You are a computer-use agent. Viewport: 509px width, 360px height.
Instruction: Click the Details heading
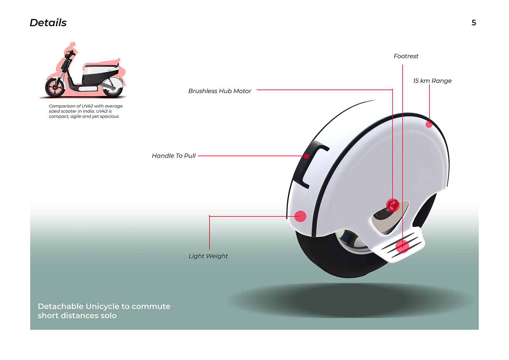(x=48, y=23)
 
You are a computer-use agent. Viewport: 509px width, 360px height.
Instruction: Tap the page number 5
(x=474, y=23)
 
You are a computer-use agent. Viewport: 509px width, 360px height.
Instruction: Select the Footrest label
(x=406, y=56)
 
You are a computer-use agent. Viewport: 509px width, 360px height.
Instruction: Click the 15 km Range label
(x=432, y=81)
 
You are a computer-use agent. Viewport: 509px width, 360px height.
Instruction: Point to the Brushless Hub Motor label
(x=220, y=91)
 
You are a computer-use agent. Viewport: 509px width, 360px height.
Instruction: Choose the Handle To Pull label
(x=174, y=156)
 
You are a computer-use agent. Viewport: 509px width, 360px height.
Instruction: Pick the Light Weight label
(x=208, y=256)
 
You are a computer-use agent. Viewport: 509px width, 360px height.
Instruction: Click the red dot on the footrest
(x=402, y=246)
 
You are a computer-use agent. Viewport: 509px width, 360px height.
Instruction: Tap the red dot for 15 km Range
(x=429, y=124)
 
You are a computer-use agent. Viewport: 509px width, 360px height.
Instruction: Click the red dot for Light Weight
(x=300, y=216)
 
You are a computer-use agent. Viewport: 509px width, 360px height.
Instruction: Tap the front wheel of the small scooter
(x=55, y=88)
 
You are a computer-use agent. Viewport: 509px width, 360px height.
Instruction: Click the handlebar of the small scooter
(x=70, y=54)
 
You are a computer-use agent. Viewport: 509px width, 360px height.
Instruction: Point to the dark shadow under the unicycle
(x=349, y=300)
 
